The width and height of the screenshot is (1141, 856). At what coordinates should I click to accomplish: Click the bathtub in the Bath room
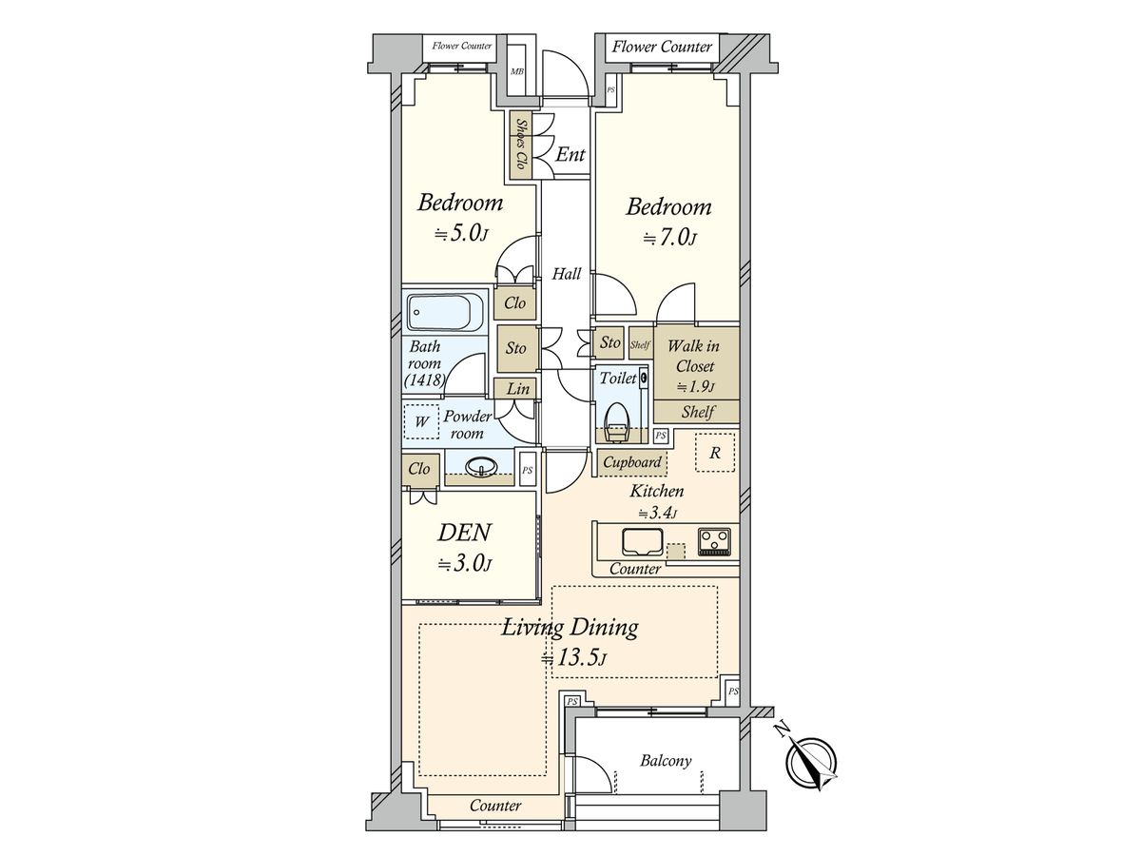[x=445, y=312]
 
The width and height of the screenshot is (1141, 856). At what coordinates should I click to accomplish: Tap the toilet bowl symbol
[x=617, y=422]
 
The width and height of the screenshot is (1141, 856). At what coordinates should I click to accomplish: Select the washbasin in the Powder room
[x=480, y=467]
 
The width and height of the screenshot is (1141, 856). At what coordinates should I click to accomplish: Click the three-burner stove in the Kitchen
[x=714, y=542]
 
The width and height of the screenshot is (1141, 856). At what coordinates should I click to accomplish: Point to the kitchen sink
[x=642, y=542]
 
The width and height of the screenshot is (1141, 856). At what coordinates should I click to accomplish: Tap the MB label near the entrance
[x=516, y=71]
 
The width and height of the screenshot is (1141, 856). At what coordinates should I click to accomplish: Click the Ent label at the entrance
[x=570, y=154]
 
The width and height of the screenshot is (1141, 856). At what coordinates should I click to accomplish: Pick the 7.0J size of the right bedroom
[x=670, y=238]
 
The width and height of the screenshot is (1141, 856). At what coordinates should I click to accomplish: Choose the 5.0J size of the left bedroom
[x=461, y=234]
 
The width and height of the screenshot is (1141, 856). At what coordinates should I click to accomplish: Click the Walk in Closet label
[x=694, y=356]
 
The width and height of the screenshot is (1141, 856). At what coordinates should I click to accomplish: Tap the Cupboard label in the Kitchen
[x=632, y=461]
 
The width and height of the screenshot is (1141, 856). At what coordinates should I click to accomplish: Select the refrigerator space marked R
[x=715, y=453]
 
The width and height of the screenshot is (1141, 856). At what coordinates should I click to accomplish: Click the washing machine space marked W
[x=421, y=421]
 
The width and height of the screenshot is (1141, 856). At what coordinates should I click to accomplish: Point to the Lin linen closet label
[x=518, y=388]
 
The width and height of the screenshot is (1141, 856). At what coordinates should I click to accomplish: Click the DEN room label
[x=464, y=533]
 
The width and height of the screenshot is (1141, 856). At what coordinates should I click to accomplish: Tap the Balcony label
[x=666, y=761]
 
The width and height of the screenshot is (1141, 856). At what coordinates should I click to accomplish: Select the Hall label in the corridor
[x=566, y=273]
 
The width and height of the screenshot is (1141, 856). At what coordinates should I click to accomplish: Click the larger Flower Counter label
[x=662, y=47]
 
